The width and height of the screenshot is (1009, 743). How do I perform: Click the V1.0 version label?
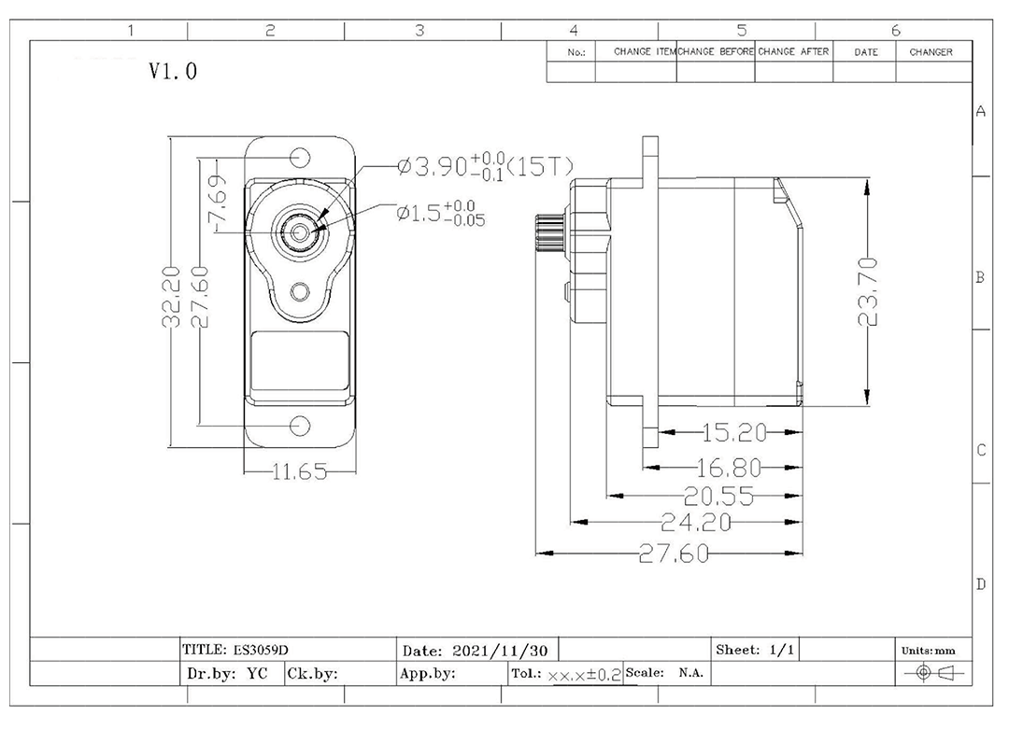point(173,72)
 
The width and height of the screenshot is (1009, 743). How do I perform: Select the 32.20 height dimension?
point(170,296)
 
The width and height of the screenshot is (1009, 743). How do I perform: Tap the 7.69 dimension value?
point(216,202)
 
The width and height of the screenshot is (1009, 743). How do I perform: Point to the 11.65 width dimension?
point(299,471)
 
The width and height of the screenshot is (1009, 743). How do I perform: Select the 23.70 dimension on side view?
point(868,291)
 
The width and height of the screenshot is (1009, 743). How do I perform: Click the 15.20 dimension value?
point(734,433)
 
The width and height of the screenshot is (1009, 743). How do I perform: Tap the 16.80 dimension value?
point(729,469)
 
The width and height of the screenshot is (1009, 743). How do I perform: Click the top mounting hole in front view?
point(300,156)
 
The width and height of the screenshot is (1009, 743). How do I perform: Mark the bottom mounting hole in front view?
point(300,426)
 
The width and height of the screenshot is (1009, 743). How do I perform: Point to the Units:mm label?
point(928,650)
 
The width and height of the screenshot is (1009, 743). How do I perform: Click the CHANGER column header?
point(931,52)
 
